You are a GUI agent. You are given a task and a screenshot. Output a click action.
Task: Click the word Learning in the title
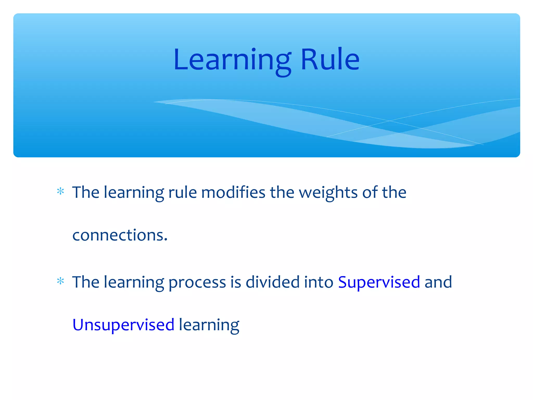coord(232,60)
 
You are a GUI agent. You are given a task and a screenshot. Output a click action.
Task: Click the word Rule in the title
coord(330,60)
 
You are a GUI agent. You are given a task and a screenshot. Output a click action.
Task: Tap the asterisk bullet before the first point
coord(60,192)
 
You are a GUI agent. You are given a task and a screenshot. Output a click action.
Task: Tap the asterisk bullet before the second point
coord(60,281)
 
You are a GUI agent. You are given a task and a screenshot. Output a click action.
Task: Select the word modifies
coord(233,193)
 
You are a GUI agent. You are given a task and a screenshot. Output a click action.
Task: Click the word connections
coord(118,235)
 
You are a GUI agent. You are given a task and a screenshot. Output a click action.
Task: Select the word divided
coord(273,282)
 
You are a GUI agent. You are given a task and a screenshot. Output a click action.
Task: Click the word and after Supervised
coord(438,282)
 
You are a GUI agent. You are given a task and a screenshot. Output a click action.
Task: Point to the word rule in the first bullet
coord(182,193)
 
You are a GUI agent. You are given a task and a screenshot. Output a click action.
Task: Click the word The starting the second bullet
coord(86,282)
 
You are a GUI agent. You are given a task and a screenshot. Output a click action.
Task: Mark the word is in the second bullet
coord(236,282)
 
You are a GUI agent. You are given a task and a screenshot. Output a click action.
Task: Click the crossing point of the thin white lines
coord(390,121)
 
